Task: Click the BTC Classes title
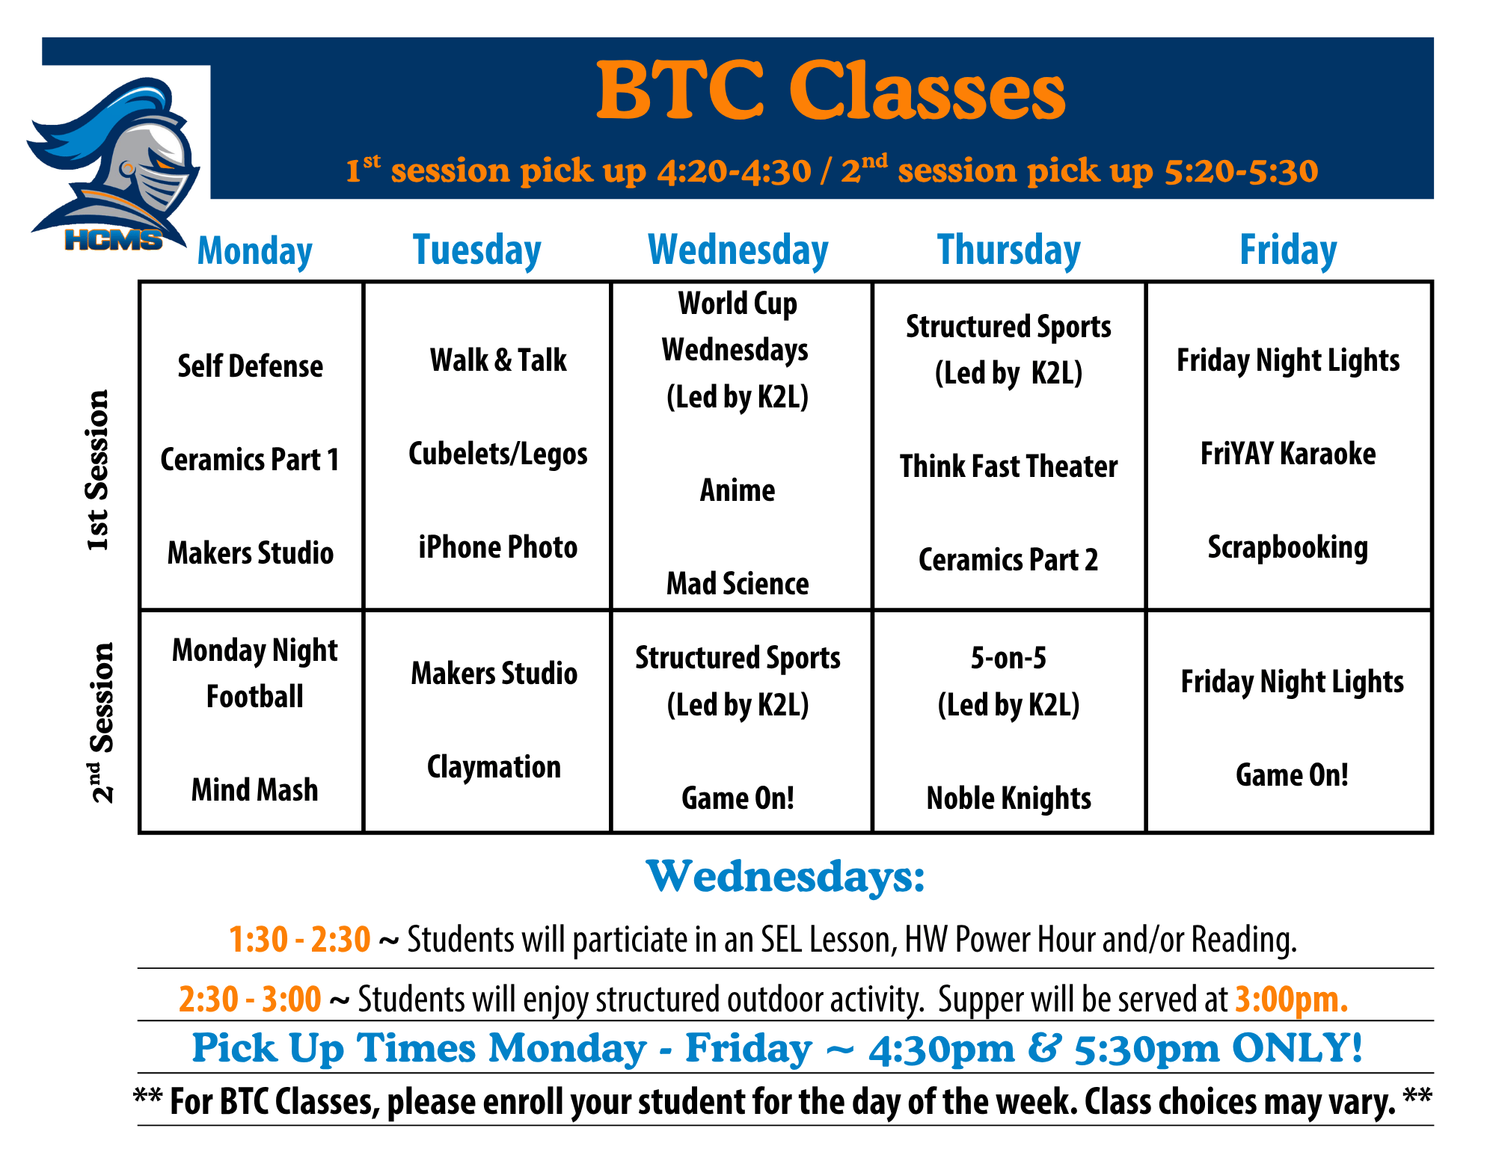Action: point(830,91)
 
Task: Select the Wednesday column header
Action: point(738,250)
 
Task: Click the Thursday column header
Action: point(1009,250)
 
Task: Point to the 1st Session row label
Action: point(97,470)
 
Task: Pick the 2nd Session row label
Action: point(100,722)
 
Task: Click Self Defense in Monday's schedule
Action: point(251,366)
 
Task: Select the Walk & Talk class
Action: point(498,360)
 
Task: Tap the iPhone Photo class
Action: point(498,547)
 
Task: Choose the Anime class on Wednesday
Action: point(738,490)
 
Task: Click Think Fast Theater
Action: point(1008,466)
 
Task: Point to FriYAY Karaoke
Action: point(1288,454)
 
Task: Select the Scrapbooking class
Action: point(1288,548)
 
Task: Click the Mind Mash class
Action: point(254,790)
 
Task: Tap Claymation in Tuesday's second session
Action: point(494,768)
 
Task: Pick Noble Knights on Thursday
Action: point(1008,798)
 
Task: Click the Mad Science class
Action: point(738,584)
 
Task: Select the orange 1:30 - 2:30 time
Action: point(299,939)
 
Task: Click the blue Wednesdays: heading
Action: point(785,877)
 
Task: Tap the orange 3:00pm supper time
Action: point(1291,999)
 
